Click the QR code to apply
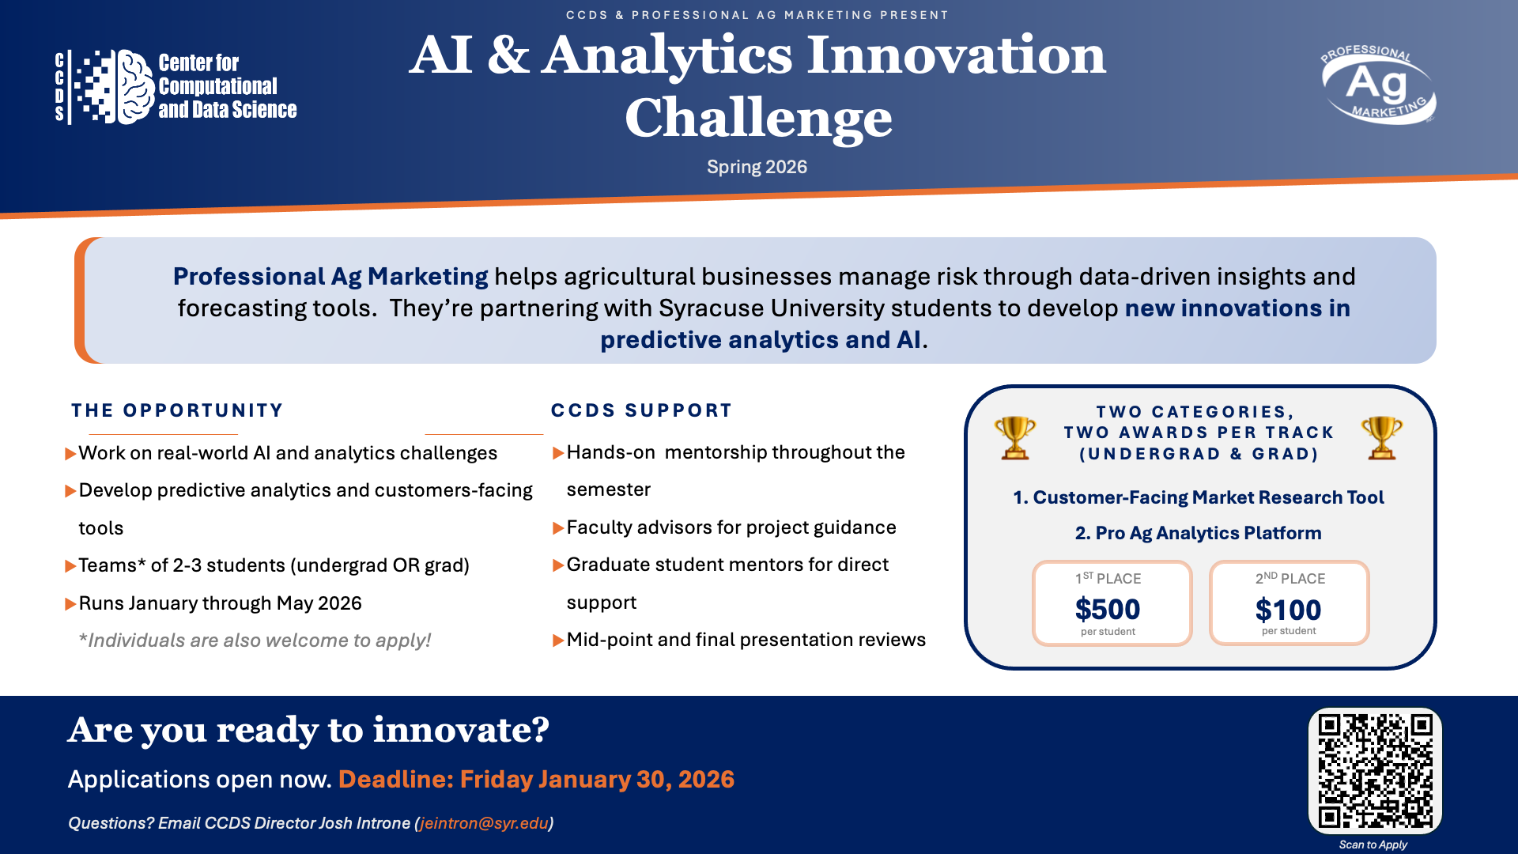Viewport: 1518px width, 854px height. (x=1375, y=770)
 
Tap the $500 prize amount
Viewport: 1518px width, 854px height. (x=1107, y=610)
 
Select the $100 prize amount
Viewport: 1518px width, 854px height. (x=1288, y=610)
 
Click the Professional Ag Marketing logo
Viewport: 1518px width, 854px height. (x=1378, y=85)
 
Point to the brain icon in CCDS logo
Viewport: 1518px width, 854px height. (x=135, y=87)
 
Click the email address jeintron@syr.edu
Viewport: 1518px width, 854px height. (x=484, y=823)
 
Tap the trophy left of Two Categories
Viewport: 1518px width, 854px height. (x=1015, y=437)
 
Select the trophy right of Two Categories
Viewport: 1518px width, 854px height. (x=1382, y=437)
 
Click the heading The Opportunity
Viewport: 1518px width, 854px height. (x=177, y=410)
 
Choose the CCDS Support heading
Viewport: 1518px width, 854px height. (x=641, y=410)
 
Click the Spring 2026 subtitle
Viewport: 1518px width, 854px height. (x=757, y=168)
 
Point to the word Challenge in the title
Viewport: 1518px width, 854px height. (x=758, y=118)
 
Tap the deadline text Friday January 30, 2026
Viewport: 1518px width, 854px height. (x=597, y=780)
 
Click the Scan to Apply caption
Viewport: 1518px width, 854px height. (x=1373, y=845)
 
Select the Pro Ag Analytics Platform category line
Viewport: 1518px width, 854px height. (x=1198, y=533)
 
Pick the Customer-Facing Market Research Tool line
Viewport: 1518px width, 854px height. (x=1199, y=497)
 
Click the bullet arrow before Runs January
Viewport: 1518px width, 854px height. (x=70, y=604)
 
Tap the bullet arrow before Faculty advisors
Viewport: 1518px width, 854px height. (x=558, y=528)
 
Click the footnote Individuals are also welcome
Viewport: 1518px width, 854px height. (x=255, y=640)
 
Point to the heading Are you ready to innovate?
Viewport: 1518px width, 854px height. (x=308, y=729)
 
